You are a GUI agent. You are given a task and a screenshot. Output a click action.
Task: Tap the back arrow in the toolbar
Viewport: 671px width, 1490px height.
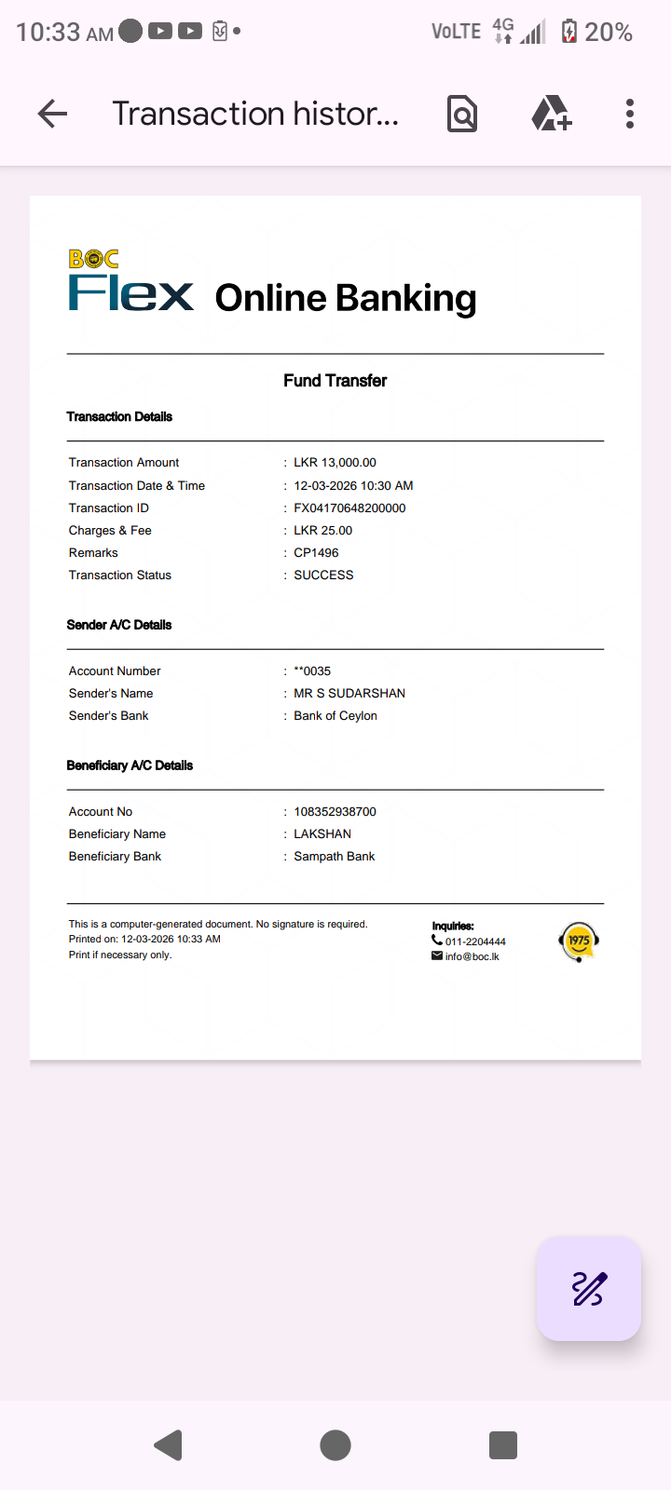click(52, 114)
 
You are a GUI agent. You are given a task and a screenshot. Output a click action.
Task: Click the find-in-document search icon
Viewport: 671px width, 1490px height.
click(462, 114)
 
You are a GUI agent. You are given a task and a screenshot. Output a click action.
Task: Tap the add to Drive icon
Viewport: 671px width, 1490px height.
click(551, 114)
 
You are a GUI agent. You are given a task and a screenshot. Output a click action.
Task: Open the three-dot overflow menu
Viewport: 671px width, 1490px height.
click(630, 114)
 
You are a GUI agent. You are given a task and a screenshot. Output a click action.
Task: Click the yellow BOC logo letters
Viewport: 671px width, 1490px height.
click(93, 259)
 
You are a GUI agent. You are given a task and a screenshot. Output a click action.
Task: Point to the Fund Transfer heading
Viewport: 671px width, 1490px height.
click(335, 380)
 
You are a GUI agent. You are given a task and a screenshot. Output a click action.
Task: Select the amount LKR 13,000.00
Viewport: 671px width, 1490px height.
click(335, 462)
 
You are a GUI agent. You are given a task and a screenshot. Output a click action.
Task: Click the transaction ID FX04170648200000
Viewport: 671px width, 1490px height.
click(349, 508)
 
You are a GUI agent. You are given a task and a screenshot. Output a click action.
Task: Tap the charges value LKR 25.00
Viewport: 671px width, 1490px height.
click(322, 530)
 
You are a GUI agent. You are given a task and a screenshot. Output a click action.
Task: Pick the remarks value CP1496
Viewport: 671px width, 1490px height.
click(316, 552)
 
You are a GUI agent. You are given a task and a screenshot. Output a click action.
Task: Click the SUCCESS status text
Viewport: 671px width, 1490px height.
click(323, 575)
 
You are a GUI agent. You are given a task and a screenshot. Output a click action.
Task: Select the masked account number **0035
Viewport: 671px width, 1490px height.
click(312, 670)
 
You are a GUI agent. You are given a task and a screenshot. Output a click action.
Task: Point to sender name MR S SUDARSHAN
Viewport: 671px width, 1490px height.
click(349, 693)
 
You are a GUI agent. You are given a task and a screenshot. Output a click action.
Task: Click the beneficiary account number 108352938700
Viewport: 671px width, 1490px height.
click(335, 811)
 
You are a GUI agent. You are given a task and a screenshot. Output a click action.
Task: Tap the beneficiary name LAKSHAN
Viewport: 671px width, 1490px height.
click(322, 833)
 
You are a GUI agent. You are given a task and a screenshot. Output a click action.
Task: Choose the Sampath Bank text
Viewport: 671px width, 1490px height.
click(334, 856)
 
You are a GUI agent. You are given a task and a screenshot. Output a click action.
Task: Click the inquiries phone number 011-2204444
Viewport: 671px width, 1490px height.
click(475, 941)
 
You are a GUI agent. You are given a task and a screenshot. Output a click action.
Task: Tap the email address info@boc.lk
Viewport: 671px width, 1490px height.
click(472, 956)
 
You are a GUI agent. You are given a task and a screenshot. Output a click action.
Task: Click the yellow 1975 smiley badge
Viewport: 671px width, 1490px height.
click(579, 941)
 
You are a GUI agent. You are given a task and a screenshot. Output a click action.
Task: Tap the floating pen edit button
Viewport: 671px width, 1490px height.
click(588, 1289)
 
